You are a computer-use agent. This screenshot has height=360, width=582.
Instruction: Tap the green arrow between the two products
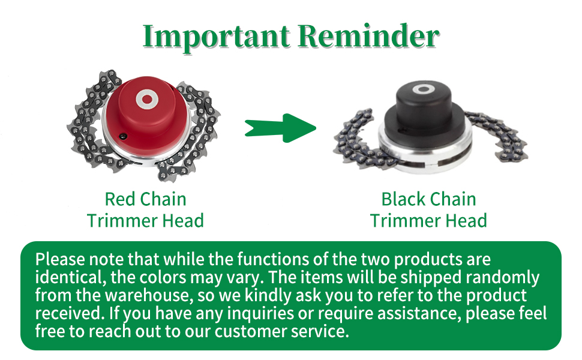coord(280,128)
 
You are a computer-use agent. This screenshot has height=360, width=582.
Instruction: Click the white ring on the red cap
coord(147,100)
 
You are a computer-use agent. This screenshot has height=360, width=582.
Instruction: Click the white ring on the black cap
coord(422,89)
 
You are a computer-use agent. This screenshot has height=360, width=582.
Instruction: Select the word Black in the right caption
coord(403,199)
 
